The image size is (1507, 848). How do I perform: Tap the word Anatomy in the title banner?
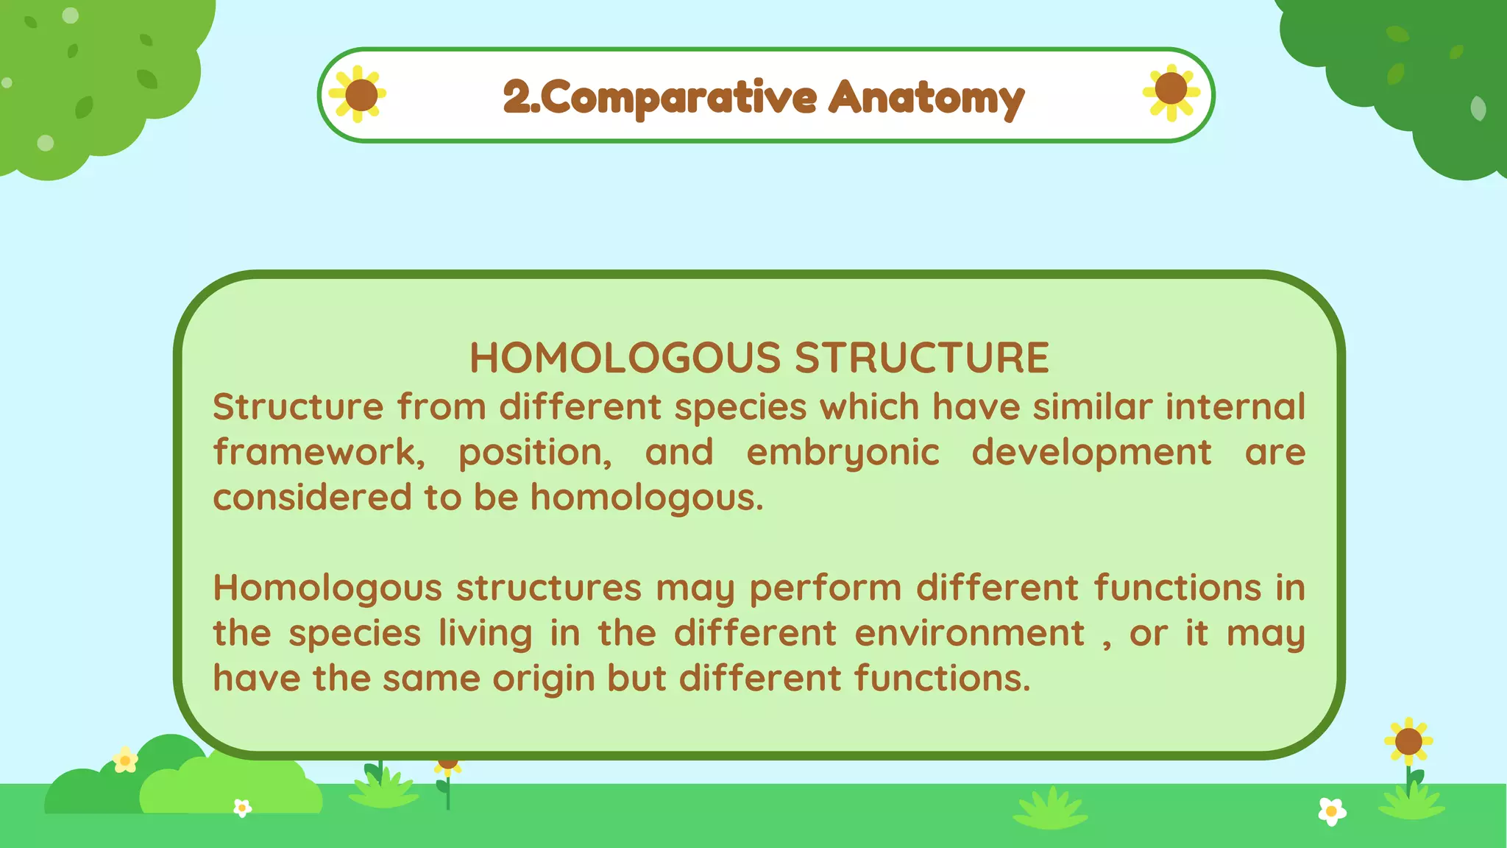(926, 98)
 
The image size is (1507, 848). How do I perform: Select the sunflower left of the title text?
(359, 94)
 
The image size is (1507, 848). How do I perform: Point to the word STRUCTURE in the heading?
(921, 358)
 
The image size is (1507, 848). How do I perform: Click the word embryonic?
(843, 453)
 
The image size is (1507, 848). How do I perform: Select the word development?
(1091, 453)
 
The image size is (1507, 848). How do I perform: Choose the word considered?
(313, 498)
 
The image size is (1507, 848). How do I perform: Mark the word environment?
(969, 633)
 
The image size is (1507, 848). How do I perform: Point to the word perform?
(826, 589)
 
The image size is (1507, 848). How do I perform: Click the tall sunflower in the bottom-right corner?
(1408, 742)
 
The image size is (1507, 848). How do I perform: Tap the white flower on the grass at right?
(1332, 811)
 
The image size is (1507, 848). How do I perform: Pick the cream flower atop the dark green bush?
(125, 759)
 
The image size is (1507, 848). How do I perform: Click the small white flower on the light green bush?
(242, 808)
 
